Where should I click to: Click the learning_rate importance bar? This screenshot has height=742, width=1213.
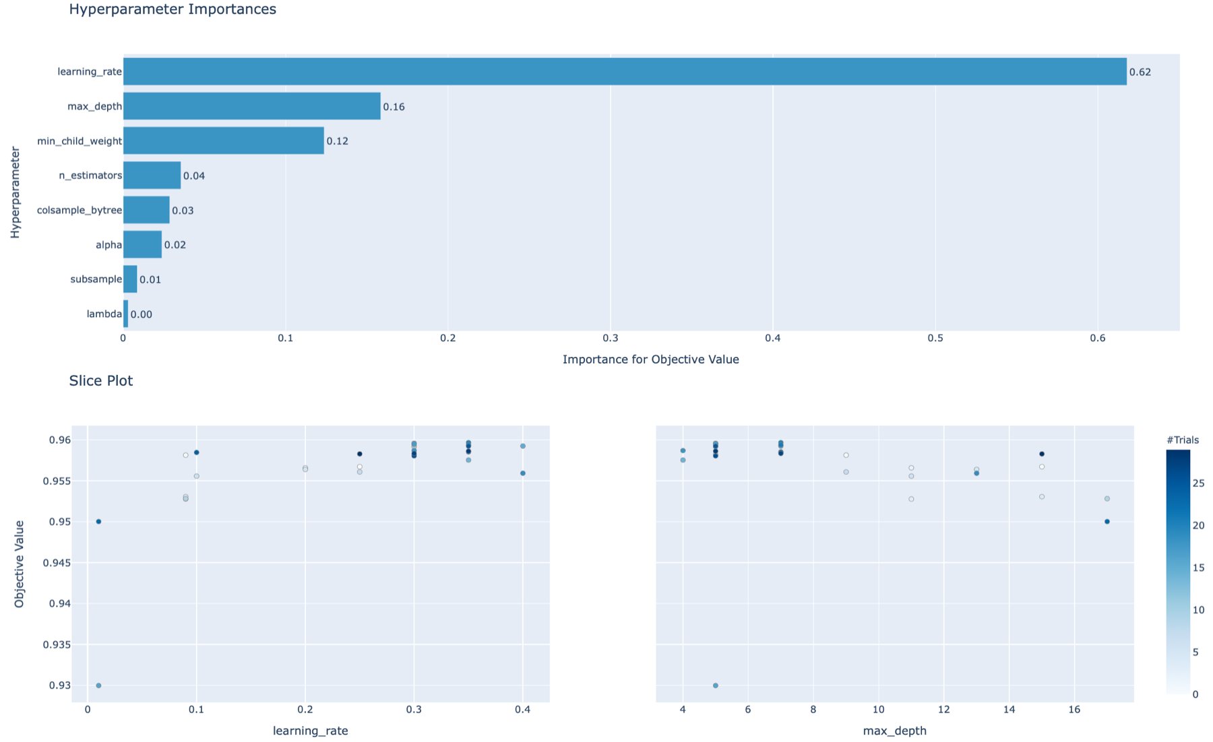coord(624,71)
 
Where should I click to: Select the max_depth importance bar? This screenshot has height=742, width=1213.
coord(251,106)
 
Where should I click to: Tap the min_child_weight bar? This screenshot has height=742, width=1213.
coord(223,141)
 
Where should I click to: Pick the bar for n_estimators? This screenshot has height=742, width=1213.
coord(152,175)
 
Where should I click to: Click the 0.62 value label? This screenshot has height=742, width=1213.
coord(1140,72)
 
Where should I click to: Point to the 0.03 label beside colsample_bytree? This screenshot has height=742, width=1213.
coord(183,211)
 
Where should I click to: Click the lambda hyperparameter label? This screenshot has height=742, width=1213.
coord(104,314)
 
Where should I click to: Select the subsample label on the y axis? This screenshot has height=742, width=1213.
coord(96,279)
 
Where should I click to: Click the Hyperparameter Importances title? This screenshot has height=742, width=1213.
coord(173,9)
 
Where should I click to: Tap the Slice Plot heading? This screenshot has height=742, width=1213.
coord(101,380)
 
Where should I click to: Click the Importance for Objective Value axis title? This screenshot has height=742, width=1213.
coord(650,360)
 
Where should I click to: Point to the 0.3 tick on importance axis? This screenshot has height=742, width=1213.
coord(610,338)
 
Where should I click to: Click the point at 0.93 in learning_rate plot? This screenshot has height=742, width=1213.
coord(98,685)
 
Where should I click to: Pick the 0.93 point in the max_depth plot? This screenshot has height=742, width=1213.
coord(715,685)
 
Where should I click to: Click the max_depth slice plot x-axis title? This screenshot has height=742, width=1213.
coord(894,731)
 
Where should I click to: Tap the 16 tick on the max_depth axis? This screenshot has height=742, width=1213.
coord(1074,710)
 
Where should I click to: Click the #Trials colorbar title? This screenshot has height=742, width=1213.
coord(1182,440)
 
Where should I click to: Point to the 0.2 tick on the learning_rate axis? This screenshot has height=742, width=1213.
coord(305,710)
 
